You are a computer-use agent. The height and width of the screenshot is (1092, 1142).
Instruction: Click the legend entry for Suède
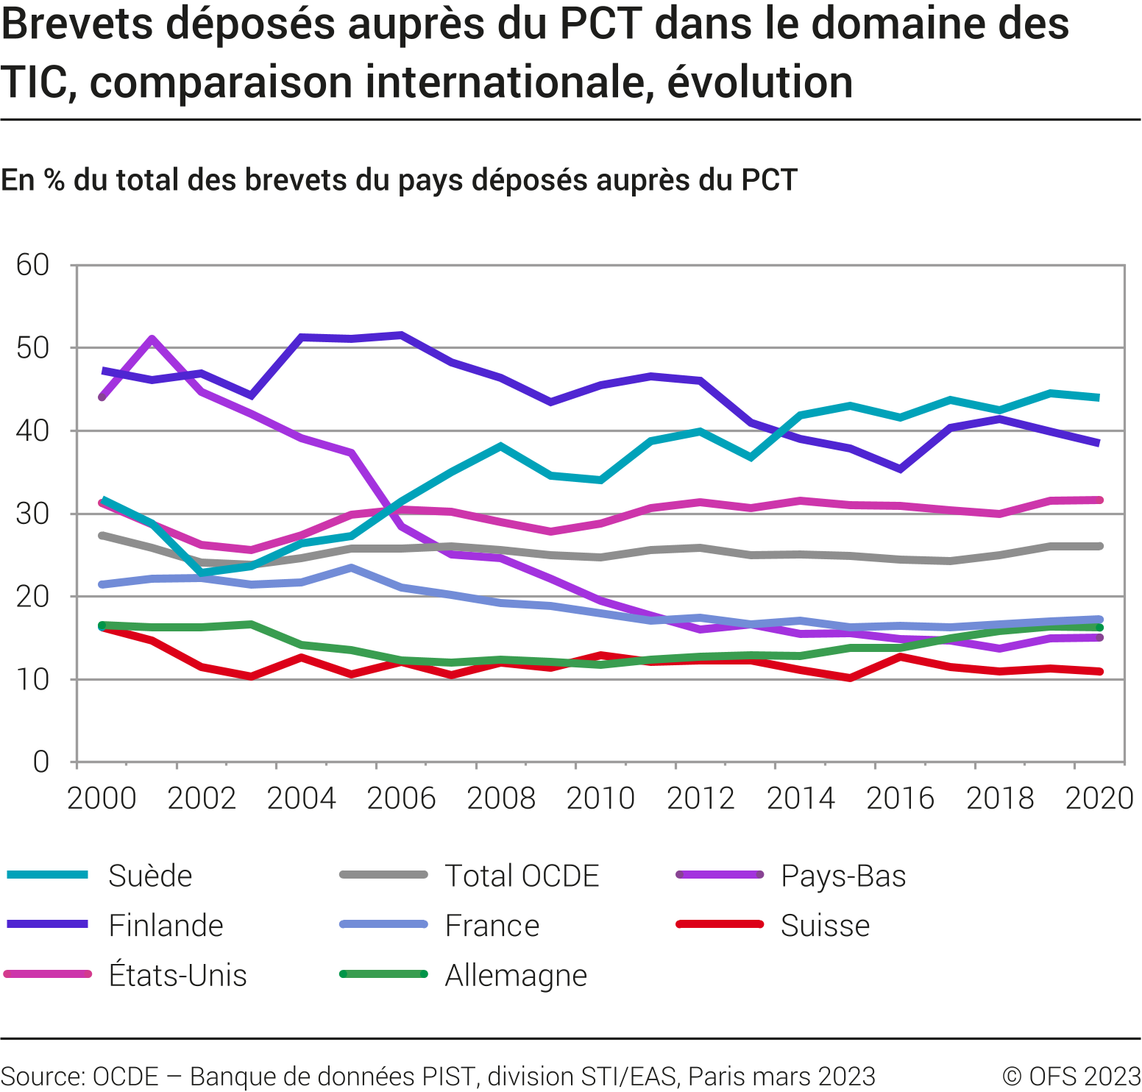pos(149,876)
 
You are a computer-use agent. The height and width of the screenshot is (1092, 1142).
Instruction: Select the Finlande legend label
pos(166,926)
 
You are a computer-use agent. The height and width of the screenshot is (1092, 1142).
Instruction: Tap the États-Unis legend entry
pos(177,976)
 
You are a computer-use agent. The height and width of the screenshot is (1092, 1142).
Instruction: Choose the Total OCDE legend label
pos(522,876)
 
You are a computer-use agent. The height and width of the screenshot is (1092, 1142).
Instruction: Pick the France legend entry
pos(492,926)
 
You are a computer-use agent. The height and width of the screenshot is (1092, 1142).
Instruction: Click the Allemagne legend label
pos(516,976)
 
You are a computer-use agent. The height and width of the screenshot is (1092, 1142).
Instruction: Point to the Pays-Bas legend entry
pos(843,876)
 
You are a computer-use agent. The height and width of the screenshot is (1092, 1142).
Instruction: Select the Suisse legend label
pos(825,926)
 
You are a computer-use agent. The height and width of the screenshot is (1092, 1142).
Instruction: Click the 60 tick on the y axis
pos(33,265)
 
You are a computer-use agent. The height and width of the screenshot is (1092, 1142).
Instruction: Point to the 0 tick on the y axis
pos(41,762)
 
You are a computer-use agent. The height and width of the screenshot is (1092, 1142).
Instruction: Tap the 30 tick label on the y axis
pos(33,514)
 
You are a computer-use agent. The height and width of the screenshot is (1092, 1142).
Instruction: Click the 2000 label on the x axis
pos(102,798)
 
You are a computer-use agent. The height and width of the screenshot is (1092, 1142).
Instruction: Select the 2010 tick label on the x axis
pos(600,798)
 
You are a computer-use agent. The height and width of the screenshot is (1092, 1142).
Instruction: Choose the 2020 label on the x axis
pos(1099,798)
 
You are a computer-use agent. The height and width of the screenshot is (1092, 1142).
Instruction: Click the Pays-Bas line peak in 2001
pos(152,339)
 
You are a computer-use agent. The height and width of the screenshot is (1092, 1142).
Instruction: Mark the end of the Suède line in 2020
pos(1099,397)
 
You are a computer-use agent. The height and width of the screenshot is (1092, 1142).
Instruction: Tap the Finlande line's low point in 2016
pos(900,469)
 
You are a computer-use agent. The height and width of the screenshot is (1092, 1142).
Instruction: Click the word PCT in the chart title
pos(601,24)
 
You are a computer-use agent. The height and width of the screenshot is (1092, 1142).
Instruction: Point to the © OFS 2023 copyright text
pos(1071,1077)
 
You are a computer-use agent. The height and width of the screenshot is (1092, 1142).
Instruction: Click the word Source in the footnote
pos(43,1077)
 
